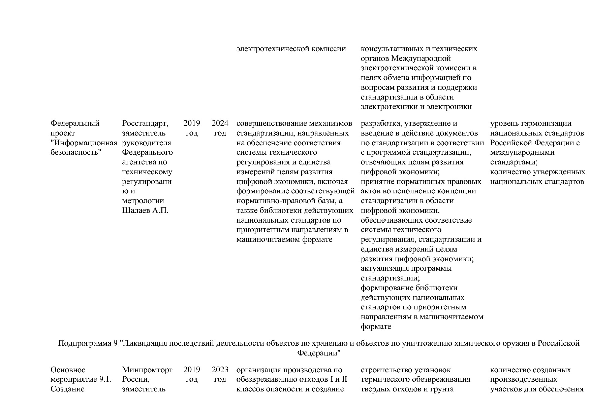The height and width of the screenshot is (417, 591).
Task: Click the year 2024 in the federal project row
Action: [220, 123]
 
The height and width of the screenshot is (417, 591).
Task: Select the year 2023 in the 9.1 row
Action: [220, 370]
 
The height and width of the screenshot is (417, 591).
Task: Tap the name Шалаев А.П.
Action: [145, 211]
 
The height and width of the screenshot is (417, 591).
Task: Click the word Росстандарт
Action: [145, 123]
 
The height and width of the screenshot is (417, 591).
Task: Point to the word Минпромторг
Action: [147, 370]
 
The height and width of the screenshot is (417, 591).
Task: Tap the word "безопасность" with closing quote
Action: [76, 152]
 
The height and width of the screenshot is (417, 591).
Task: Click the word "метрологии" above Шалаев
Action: [143, 201]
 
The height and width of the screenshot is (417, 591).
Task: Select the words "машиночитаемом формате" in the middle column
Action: [284, 240]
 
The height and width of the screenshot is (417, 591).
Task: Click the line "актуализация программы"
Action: [406, 269]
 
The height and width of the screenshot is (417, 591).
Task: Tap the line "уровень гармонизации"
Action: [530, 123]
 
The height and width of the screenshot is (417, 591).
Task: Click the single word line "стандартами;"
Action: [514, 162]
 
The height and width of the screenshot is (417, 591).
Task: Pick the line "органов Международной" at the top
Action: [406, 59]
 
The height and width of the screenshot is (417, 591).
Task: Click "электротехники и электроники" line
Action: [416, 107]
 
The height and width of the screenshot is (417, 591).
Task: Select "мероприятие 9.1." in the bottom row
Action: [81, 379]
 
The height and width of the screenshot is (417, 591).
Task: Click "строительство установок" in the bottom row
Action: [405, 370]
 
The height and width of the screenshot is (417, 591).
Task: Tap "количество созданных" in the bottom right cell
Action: [530, 370]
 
